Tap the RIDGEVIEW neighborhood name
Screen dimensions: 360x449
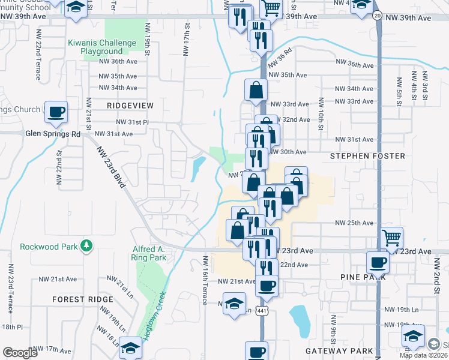pyautogui.click(x=130, y=105)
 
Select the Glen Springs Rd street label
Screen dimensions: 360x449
pyautogui.click(x=52, y=134)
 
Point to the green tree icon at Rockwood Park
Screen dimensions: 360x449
pyautogui.click(x=86, y=246)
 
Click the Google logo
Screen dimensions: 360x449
pyautogui.click(x=20, y=353)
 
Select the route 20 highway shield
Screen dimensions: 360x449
pyautogui.click(x=376, y=15)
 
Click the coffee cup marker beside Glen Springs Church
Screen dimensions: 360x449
pyautogui.click(x=56, y=112)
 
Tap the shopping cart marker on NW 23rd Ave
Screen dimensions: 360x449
pyautogui.click(x=391, y=238)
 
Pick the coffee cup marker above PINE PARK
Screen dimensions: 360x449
pyautogui.click(x=379, y=262)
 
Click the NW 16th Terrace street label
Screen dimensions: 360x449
pyautogui.click(x=205, y=280)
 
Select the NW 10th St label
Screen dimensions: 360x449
pyautogui.click(x=321, y=115)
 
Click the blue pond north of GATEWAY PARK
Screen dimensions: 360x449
pyautogui.click(x=298, y=317)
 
